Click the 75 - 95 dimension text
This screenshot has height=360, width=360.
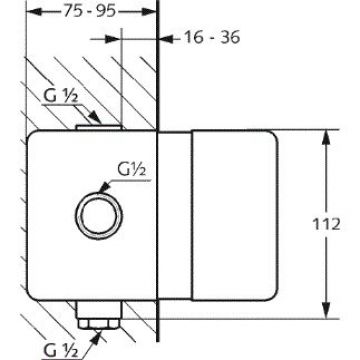pos(90,11)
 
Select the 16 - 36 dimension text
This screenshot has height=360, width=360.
pos(212,37)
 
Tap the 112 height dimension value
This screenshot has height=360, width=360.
pos(326,224)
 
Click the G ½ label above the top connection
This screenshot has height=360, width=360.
pos(61,97)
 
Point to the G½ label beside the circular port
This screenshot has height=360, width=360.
pos(131,171)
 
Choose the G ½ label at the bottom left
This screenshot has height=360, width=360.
pos(61,350)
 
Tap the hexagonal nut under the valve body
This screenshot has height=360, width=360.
pos(99,323)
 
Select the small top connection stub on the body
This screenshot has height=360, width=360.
pos(99,127)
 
